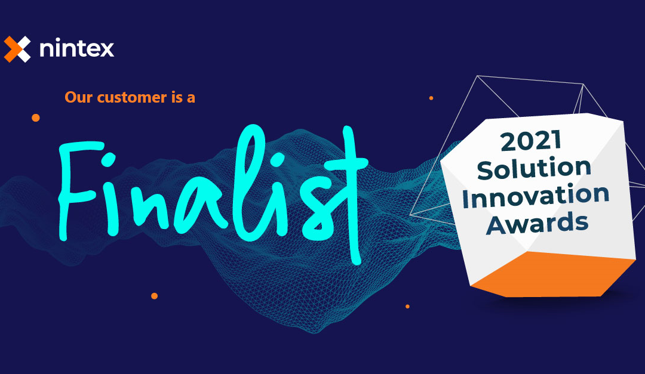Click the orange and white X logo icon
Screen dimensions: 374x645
tap(17, 49)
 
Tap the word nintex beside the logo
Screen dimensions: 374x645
tap(76, 49)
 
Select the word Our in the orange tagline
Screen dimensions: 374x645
tap(76, 97)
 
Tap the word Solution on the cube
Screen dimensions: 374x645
tap(535, 169)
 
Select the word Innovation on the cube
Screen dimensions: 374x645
tap(536, 196)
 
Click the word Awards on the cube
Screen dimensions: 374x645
tap(537, 223)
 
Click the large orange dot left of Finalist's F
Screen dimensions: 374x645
tap(36, 118)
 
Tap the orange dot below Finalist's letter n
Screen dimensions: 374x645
tap(154, 296)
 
